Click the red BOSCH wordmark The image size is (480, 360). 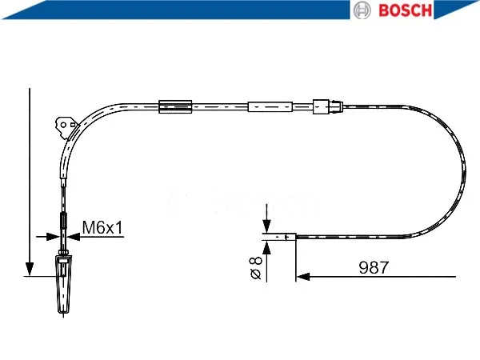(406, 10)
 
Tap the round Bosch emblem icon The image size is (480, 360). (362, 10)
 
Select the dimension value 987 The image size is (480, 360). (374, 267)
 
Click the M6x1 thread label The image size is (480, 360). (102, 227)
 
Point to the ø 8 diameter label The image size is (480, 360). (256, 268)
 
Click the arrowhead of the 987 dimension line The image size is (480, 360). (303, 277)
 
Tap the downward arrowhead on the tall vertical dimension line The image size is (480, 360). (30, 269)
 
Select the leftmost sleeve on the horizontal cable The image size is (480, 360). (175, 107)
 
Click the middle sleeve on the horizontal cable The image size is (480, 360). (270, 107)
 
